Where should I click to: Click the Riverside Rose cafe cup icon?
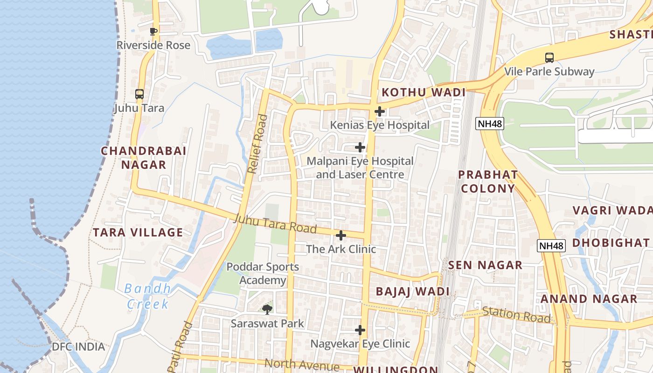click(153, 32)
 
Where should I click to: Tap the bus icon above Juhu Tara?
click(139, 94)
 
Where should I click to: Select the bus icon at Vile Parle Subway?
click(549, 58)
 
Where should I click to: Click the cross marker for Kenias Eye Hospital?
click(380, 111)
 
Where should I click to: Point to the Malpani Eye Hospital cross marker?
click(360, 147)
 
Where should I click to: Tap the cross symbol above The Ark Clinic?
click(341, 235)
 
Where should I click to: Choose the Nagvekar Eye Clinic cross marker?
click(360, 330)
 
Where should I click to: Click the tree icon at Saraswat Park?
click(267, 309)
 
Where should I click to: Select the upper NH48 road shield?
click(489, 124)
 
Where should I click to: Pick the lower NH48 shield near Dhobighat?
click(551, 246)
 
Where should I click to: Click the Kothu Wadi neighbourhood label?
click(424, 92)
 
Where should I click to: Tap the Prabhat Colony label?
click(487, 181)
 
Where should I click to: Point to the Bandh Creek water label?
click(148, 297)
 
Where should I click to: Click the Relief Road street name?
click(258, 144)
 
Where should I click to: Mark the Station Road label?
click(516, 315)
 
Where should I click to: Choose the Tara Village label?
click(138, 232)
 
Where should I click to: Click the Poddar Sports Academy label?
click(263, 274)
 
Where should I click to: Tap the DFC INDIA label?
click(78, 347)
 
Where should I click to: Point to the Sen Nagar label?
click(485, 265)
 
